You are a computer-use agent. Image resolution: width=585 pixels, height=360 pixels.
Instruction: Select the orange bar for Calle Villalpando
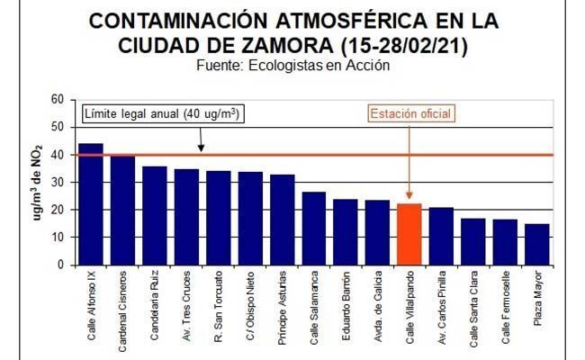click(x=409, y=234)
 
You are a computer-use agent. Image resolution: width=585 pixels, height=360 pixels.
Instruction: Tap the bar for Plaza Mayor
click(x=537, y=245)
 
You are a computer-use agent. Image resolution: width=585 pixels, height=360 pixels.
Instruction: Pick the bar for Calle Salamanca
click(x=314, y=229)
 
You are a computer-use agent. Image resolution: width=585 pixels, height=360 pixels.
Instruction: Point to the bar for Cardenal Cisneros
click(x=122, y=211)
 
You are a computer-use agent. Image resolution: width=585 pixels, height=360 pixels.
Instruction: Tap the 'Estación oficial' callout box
click(x=409, y=113)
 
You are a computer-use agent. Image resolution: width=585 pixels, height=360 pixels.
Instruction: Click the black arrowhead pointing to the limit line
click(x=201, y=148)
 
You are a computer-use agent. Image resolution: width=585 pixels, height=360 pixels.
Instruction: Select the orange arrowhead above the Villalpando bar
click(x=409, y=197)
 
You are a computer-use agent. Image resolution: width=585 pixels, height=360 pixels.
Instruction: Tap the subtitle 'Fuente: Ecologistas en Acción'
click(x=292, y=66)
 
